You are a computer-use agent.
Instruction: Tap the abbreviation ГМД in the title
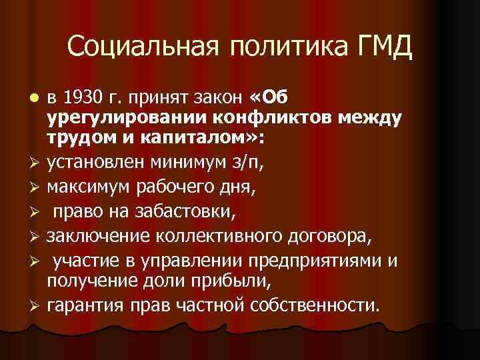pyautogui.click(x=386, y=47)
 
